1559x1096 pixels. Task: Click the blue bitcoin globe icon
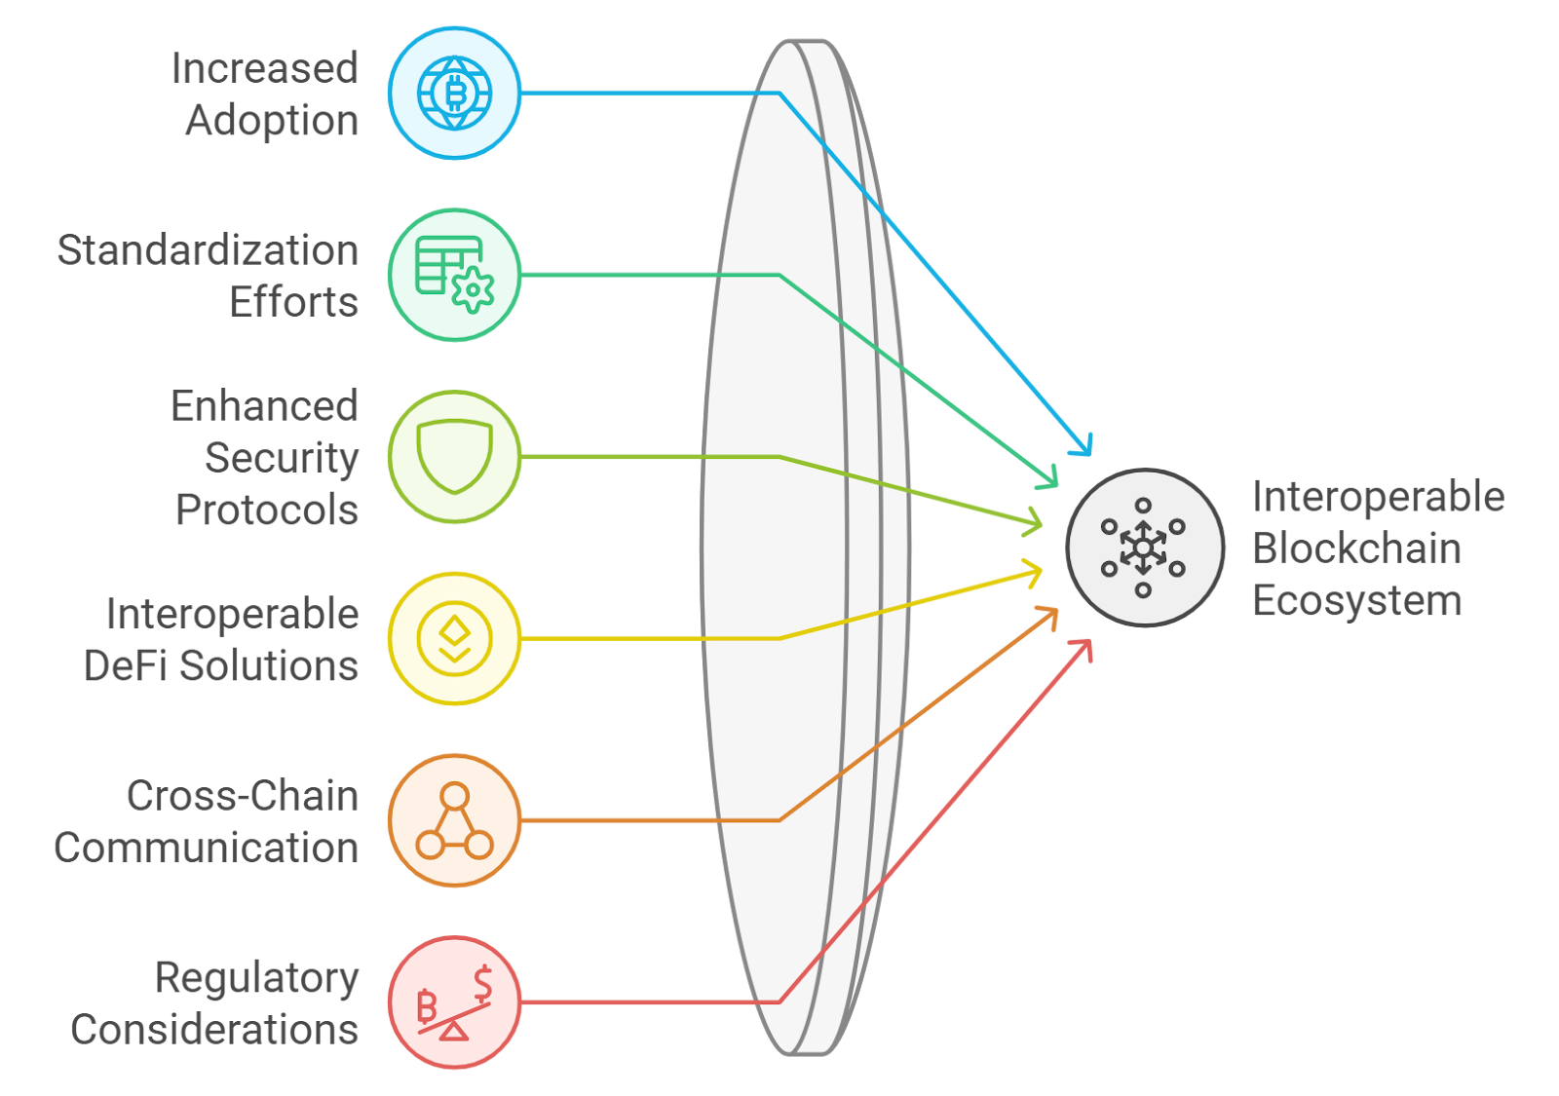[454, 93]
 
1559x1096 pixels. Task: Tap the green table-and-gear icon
[454, 275]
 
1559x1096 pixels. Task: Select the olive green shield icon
[454, 457]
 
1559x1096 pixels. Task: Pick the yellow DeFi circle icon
[454, 638]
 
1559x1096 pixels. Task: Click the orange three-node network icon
[454, 820]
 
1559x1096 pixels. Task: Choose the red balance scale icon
[454, 1002]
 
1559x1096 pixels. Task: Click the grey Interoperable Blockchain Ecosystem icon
[1144, 548]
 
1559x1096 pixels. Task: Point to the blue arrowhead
[1084, 446]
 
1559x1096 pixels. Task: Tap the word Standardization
[208, 250]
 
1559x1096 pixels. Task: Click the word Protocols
[267, 510]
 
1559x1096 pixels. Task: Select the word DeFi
[126, 666]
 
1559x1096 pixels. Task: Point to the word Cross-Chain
[243, 796]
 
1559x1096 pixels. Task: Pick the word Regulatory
[257, 979]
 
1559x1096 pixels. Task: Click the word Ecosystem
[1356, 601]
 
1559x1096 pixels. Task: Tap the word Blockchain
[1356, 548]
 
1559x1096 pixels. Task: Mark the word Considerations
[214, 1030]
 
